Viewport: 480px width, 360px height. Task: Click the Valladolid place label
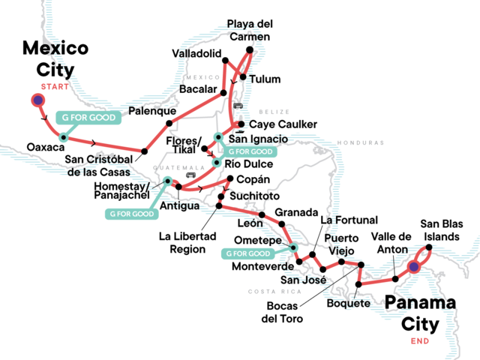point(196,54)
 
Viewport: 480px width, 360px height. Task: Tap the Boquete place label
point(349,303)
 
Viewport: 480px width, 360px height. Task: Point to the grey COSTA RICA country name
point(268,291)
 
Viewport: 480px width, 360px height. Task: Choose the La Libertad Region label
point(187,242)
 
